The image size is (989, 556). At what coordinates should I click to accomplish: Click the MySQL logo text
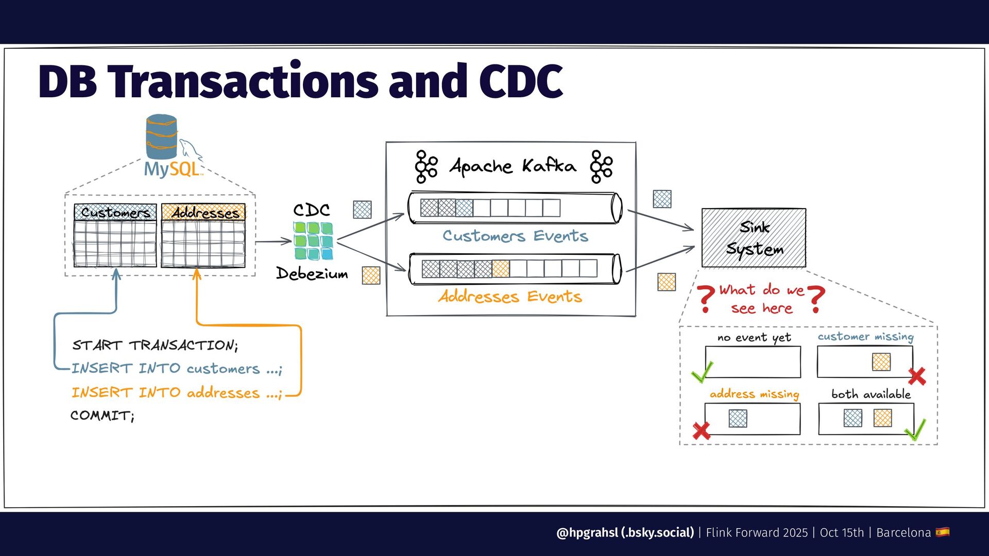(172, 169)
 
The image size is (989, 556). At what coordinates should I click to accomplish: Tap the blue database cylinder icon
(161, 136)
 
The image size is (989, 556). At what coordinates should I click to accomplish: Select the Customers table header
(115, 212)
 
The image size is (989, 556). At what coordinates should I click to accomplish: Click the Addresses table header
(203, 212)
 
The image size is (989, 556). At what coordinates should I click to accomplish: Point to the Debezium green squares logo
(313, 240)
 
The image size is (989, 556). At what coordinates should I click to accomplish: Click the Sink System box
(754, 238)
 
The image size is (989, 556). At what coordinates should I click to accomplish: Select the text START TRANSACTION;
(155, 345)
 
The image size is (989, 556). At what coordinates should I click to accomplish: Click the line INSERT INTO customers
(177, 369)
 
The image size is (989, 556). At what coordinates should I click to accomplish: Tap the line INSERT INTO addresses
(177, 393)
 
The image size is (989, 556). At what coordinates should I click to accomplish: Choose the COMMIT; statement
(103, 415)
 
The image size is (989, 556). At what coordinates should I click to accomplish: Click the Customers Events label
(515, 236)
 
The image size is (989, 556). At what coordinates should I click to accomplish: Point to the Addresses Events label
(510, 297)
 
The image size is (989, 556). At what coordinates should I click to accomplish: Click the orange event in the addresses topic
(500, 269)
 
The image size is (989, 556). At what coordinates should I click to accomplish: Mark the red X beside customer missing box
(917, 376)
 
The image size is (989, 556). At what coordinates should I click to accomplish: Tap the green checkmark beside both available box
(915, 430)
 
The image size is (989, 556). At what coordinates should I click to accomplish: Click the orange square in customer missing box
(881, 362)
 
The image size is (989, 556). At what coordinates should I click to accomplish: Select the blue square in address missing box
(738, 418)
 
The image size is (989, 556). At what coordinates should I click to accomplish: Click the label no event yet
(754, 338)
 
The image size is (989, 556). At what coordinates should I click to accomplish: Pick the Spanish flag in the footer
(943, 532)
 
